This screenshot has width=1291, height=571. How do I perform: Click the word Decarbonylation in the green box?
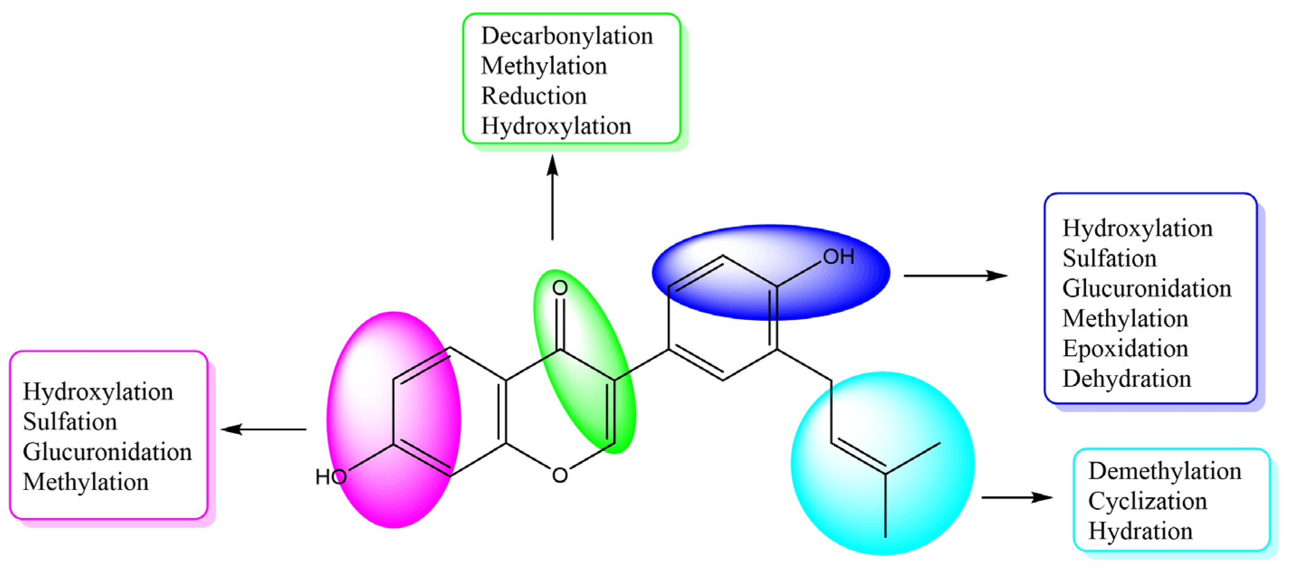[567, 37]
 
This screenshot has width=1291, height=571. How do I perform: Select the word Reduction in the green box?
[534, 96]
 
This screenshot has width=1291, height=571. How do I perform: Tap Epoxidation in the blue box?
[1125, 349]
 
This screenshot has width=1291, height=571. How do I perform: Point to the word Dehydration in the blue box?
[1127, 379]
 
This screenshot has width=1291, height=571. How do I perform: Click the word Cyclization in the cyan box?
[1147, 501]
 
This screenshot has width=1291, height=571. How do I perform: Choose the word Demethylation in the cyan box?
[1165, 471]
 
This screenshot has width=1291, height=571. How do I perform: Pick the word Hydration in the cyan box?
[1140, 531]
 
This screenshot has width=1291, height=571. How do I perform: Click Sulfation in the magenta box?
[70, 422]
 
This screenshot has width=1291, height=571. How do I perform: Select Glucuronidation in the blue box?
[1147, 289]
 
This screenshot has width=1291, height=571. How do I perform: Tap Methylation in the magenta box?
[85, 482]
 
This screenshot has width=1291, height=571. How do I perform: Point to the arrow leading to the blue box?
[955, 276]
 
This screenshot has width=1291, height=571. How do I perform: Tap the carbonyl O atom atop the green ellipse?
[560, 288]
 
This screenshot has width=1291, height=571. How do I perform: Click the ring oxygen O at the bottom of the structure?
[560, 475]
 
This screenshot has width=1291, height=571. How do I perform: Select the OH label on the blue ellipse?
[839, 257]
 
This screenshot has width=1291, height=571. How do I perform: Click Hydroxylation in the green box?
[556, 126]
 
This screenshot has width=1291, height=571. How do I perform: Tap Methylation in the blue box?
[1125, 319]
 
